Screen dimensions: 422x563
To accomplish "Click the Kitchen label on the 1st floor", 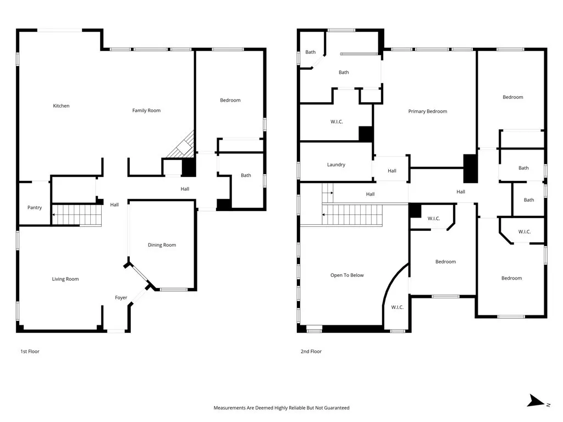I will click(61, 106).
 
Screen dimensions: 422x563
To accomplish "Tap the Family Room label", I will click(146, 111).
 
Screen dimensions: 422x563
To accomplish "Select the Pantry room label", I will click(35, 208).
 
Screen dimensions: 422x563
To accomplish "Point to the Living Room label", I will click(65, 279).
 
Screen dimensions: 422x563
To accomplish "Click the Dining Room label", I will click(162, 245).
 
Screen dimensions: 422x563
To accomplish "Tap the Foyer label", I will click(121, 298).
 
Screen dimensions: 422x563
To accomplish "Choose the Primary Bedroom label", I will click(427, 112).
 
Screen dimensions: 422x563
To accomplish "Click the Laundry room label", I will click(336, 165).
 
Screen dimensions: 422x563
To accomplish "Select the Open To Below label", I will click(347, 275).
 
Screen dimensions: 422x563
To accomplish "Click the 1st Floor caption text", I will click(30, 351).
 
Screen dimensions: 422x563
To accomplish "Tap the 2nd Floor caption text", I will click(311, 351).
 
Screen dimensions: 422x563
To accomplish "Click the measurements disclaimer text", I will click(281, 408).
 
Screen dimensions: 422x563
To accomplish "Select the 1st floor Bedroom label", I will click(230, 101).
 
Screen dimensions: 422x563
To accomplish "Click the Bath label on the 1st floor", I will click(246, 176).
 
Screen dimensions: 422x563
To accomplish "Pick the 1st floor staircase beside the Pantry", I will click(77, 214).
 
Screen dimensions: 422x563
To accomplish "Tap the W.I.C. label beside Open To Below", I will click(398, 307).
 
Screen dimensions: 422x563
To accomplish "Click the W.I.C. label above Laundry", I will click(336, 122).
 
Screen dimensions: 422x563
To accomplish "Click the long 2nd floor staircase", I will click(352, 214).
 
